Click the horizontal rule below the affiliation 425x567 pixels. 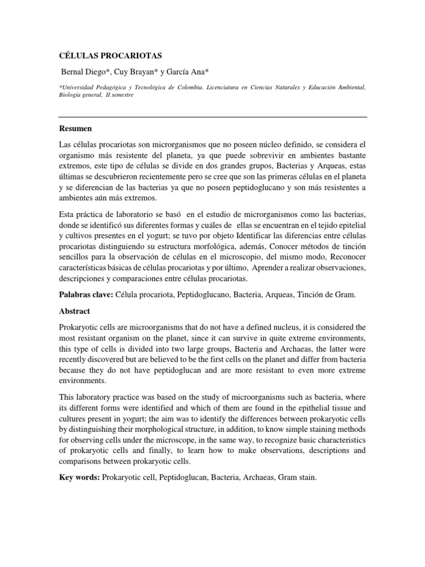tap(213, 117)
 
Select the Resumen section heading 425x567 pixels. tap(76, 128)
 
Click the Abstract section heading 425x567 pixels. tap(75, 311)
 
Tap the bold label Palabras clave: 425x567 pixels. tap(85, 296)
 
